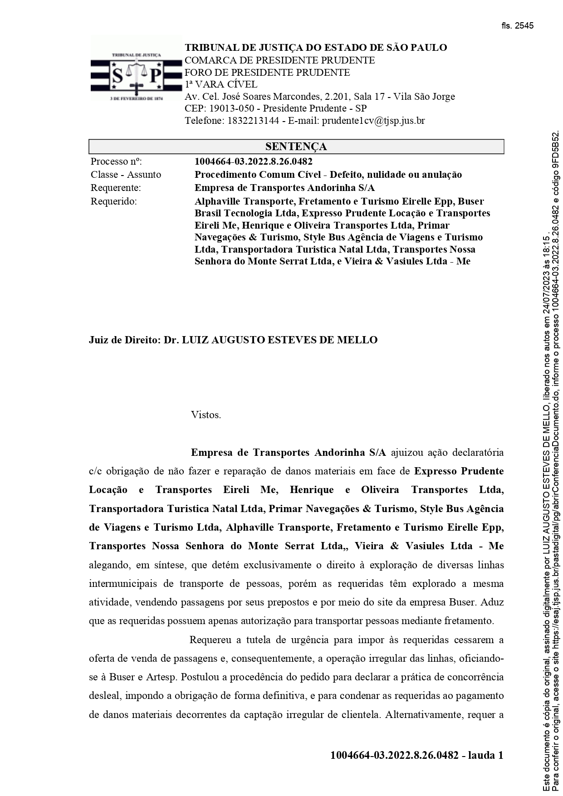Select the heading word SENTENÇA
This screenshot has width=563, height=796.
click(x=296, y=147)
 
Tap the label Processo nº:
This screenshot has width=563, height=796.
click(x=117, y=161)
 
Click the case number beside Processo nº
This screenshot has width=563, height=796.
click(x=253, y=161)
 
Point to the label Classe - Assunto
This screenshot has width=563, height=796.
click(x=126, y=175)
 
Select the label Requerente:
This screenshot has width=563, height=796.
click(x=116, y=188)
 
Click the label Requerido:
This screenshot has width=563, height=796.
click(x=113, y=201)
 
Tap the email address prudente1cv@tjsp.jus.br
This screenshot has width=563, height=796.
click(x=373, y=121)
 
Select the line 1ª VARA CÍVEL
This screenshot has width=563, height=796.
click(x=221, y=84)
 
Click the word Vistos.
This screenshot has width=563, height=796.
click(x=206, y=415)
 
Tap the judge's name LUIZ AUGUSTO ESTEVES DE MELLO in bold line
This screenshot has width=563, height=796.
click(x=279, y=340)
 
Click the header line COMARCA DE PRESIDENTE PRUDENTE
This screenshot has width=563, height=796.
click(x=279, y=60)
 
